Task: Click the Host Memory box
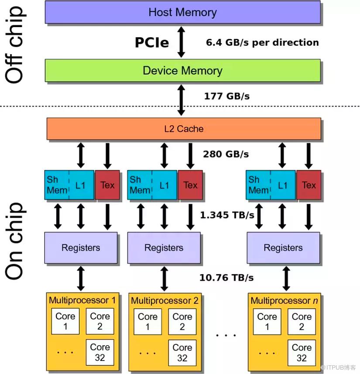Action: [x=182, y=12]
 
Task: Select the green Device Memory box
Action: [x=182, y=71]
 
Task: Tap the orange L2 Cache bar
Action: [x=183, y=129]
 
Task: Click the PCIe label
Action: [x=151, y=42]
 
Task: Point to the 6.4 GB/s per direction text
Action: [x=262, y=42]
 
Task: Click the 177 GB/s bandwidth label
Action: [x=227, y=96]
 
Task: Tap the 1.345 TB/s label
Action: [x=227, y=215]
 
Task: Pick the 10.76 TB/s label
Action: [x=226, y=278]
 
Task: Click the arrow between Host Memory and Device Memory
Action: [x=181, y=42]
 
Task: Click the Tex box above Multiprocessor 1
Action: [x=107, y=185]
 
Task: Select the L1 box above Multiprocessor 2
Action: [x=165, y=185]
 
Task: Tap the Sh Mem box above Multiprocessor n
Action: [x=258, y=185]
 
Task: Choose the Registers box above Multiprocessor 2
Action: [x=164, y=248]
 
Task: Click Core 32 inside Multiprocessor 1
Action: [x=100, y=353]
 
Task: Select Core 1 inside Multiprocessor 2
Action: [x=147, y=322]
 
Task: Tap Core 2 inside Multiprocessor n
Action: [x=302, y=322]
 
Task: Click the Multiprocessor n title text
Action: [x=281, y=301]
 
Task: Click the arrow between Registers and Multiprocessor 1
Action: [x=81, y=278]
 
